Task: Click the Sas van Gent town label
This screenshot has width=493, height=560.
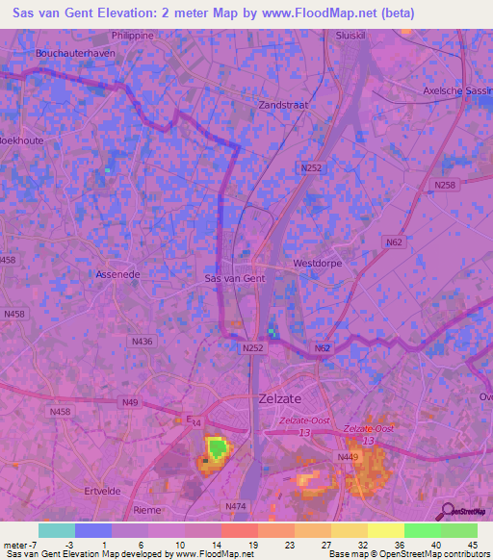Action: coord(236,278)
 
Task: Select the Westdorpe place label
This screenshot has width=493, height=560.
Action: coord(318,261)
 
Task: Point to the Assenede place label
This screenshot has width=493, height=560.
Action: coord(118,274)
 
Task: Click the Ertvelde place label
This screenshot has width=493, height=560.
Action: coord(101,490)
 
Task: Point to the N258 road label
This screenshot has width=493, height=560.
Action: coord(445,185)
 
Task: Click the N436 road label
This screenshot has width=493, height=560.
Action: coord(142,341)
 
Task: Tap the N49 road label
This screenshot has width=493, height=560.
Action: coord(129,401)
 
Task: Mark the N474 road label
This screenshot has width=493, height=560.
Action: coord(236,505)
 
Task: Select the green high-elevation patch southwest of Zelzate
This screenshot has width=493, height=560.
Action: coord(219,445)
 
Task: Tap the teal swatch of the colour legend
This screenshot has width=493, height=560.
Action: coord(56,530)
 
